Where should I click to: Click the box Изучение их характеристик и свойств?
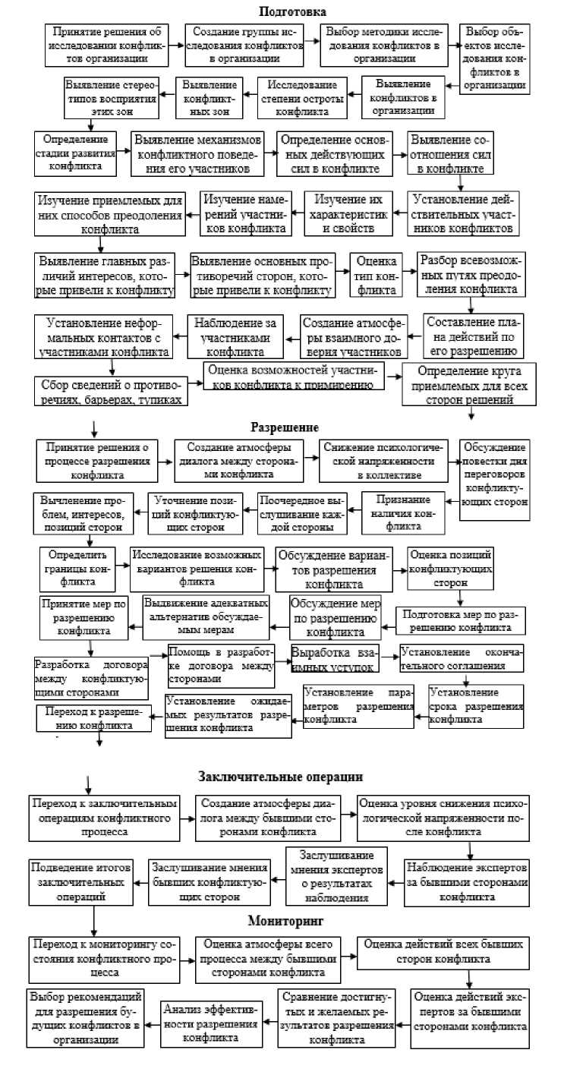[x=351, y=212]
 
